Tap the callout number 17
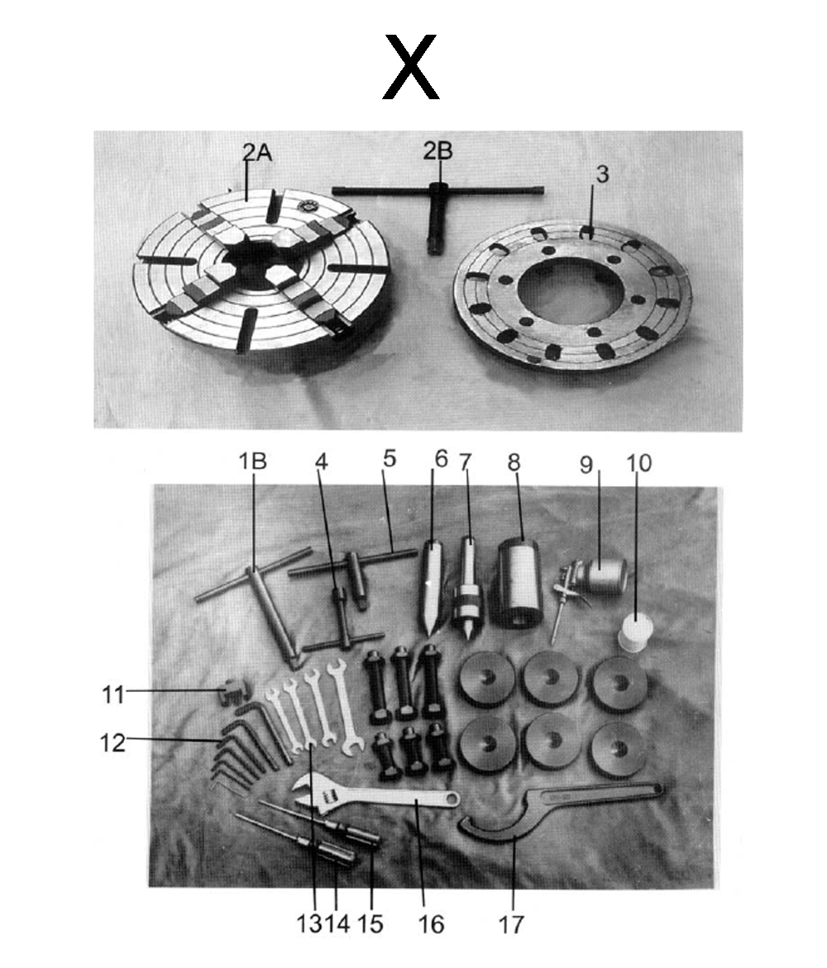[512, 923]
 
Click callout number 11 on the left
[113, 694]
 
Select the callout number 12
[112, 742]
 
